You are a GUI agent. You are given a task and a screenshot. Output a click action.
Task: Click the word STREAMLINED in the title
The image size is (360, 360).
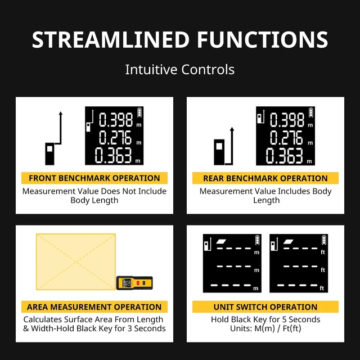coord(111,40)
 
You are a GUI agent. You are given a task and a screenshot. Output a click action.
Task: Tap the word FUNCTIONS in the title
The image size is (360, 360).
coord(263,40)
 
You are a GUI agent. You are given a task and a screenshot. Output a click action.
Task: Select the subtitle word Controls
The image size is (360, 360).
coord(208,69)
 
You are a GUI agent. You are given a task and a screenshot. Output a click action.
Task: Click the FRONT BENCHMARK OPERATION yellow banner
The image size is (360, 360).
coord(94,178)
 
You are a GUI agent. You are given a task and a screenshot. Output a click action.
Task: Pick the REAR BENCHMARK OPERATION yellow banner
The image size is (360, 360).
coord(265,178)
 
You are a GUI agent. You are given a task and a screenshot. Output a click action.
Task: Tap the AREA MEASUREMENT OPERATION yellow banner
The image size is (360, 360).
coord(94,307)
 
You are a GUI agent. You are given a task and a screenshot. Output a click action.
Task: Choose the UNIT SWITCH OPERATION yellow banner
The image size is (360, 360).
coord(265,307)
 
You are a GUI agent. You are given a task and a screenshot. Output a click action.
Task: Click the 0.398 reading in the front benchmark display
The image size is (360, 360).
coord(116,120)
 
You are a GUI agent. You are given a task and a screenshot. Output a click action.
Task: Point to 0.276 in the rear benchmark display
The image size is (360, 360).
coord(286,137)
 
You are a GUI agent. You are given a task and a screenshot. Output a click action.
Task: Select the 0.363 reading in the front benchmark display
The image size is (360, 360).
coord(114,155)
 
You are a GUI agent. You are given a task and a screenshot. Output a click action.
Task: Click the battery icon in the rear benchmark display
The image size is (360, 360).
coord(310,112)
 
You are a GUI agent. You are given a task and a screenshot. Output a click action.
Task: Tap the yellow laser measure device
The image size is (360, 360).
coord(134,283)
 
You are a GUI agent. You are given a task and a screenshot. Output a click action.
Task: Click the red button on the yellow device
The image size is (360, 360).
coord(138,283)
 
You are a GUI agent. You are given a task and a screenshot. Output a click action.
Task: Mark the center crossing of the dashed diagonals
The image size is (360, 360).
coord(76,262)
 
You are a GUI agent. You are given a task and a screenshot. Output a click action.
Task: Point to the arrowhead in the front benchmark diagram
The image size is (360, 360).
coord(60,113)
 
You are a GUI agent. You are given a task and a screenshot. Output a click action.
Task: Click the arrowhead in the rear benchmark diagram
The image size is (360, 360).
coord(232,129)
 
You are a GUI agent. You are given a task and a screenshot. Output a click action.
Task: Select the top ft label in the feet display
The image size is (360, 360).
coord(323,253)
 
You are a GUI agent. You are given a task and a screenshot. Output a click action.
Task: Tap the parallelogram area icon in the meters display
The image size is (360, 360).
coord(221,241)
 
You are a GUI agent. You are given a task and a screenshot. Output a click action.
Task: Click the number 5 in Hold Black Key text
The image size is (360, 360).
coord(284,319)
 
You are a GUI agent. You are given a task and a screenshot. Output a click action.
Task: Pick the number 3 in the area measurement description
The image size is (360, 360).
coord(130,328)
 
